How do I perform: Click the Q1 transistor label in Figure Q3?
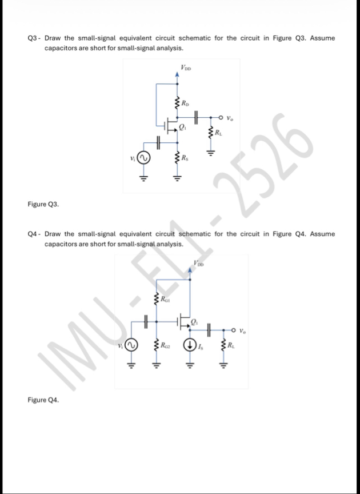point(183,126)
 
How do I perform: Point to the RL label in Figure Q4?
point(231,345)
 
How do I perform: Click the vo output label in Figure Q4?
point(243,330)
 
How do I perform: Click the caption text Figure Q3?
point(42,204)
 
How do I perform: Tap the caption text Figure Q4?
point(42,400)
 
